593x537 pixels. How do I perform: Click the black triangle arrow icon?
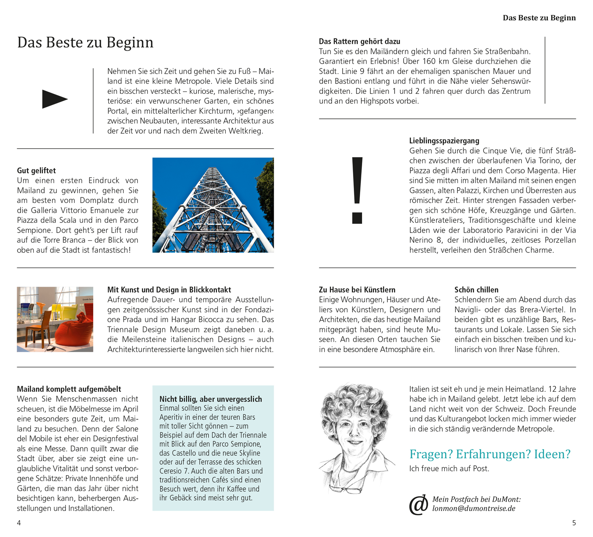point(55,99)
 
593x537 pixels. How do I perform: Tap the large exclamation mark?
point(357,190)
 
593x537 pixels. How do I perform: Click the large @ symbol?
point(419,505)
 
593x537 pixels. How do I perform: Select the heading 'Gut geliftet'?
point(36,171)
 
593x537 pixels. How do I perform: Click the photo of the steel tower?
point(213,205)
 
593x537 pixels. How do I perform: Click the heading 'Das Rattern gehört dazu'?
point(359,42)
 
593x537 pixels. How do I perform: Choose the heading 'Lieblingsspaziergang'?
point(444,141)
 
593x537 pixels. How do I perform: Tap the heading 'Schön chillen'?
point(476,290)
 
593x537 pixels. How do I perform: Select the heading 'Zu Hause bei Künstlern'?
point(357,290)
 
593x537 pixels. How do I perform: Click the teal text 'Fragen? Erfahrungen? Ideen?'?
point(489,454)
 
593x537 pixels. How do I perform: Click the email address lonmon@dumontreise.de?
point(474,509)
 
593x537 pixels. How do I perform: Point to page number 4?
point(19,523)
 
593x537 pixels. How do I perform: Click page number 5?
point(574,523)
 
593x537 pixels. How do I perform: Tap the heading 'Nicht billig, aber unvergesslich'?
point(210,399)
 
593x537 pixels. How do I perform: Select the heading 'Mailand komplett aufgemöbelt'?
point(69,389)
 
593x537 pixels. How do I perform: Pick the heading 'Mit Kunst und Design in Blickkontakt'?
point(169,290)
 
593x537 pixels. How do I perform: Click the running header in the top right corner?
point(539,18)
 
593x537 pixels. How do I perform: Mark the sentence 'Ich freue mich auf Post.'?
point(449,469)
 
